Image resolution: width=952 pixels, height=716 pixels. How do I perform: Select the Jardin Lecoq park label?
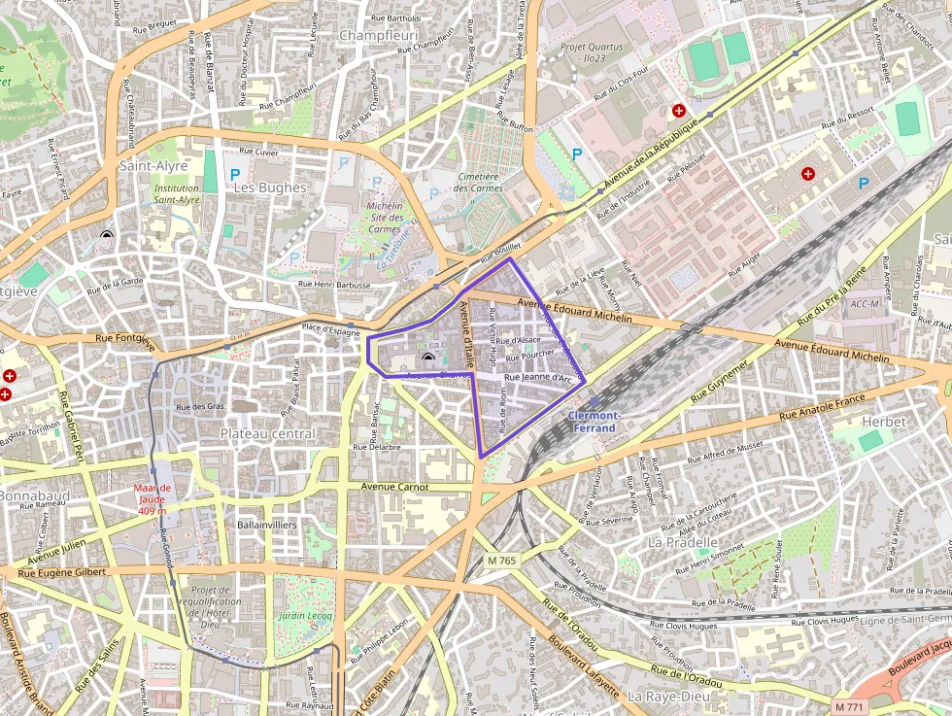point(304,616)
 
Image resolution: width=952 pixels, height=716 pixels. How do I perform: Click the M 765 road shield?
point(502,561)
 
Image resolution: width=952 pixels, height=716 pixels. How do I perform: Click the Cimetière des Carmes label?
point(477,182)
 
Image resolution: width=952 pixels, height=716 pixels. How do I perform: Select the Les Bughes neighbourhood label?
point(270,187)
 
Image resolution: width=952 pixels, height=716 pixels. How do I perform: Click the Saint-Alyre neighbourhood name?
point(153,166)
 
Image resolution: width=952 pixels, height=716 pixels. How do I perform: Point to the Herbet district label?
point(883,422)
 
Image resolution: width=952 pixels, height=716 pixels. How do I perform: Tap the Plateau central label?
point(267,433)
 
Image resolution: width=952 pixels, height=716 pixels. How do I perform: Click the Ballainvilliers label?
point(266,524)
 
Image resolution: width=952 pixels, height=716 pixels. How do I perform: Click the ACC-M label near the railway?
point(864,304)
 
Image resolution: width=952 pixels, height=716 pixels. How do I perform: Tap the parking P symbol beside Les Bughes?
point(234,175)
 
